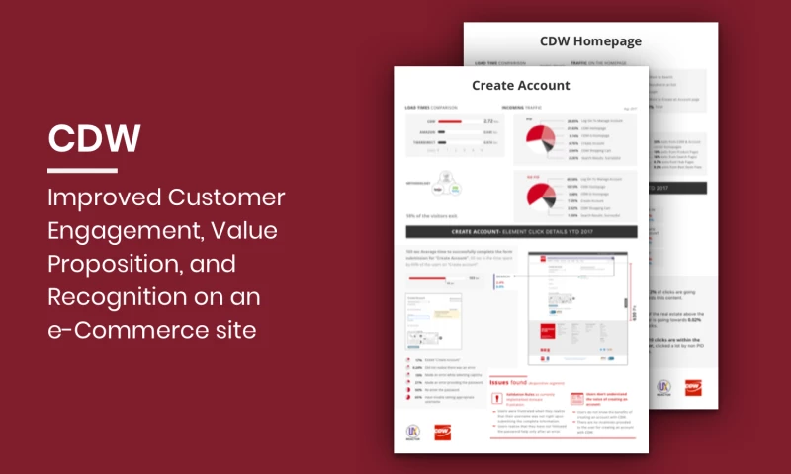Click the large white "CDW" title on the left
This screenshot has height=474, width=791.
click(95, 139)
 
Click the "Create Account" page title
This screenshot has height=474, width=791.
click(520, 86)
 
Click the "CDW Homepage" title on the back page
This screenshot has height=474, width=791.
click(591, 41)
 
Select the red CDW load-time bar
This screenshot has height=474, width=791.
click(449, 122)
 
